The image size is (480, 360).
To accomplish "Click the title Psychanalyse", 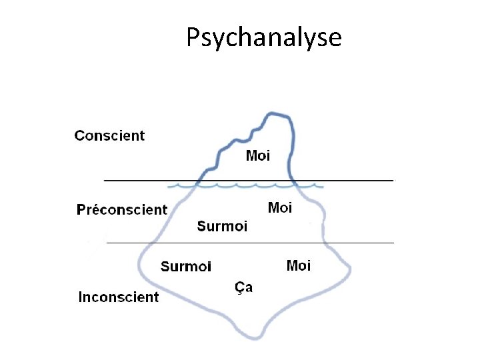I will point(263,38).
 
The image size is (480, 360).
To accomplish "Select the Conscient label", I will point(109,136).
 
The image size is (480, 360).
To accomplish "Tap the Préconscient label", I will point(122,210).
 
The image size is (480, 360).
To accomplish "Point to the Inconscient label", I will point(119,297).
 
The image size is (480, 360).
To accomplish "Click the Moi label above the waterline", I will point(258,156).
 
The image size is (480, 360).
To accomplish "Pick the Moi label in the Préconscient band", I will point(279,207).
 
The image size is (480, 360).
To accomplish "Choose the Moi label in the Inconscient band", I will point(298,266).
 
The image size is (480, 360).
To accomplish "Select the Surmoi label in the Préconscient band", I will point(222,227).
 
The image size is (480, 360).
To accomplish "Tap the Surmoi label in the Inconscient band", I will point(186,267).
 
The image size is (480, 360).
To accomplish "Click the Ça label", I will point(243,287).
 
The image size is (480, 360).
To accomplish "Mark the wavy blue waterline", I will point(247,186).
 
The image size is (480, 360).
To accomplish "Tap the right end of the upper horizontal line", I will point(392,180).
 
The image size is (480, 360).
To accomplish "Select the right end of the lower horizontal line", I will point(393,243).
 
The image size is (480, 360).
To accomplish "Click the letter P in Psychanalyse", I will point(193,38).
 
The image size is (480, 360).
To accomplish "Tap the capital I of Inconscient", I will point(81,297).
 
